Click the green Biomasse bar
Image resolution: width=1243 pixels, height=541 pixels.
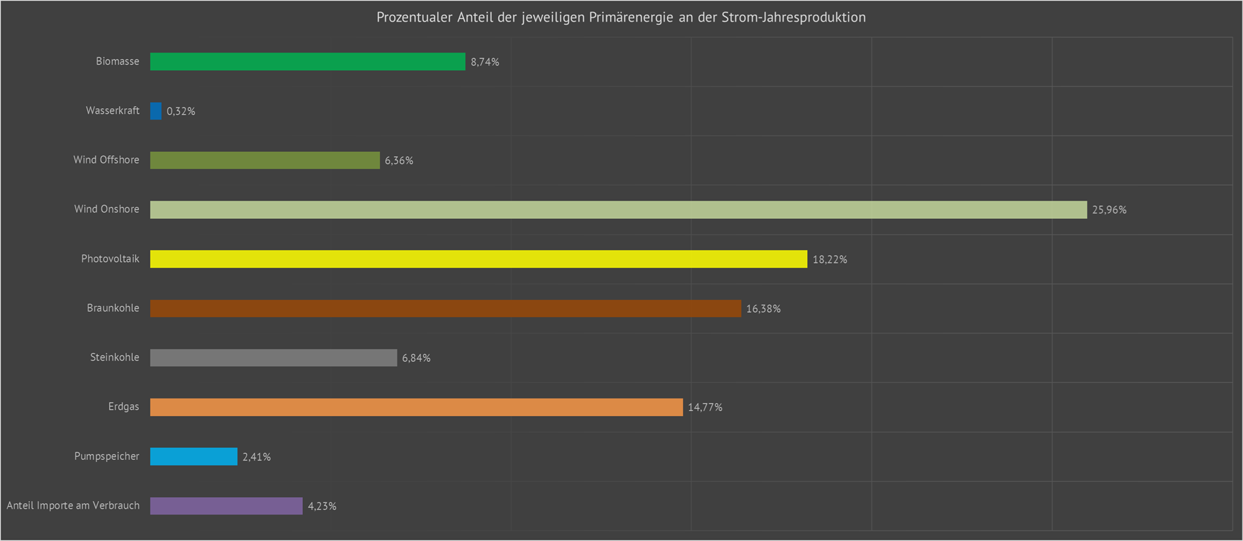(x=307, y=61)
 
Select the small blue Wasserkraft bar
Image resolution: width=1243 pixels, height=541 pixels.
(x=156, y=111)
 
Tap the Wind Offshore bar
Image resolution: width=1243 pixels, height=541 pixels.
(x=265, y=160)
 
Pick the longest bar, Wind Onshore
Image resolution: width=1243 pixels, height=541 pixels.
(x=618, y=209)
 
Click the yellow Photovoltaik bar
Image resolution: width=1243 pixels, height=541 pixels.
(x=478, y=259)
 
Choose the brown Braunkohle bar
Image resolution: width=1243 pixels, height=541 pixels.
(x=445, y=308)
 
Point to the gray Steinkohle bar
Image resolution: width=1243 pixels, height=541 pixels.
(x=273, y=357)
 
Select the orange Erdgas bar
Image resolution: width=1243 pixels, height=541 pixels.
(x=416, y=407)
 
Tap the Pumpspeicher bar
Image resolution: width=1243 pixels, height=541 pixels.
(x=194, y=457)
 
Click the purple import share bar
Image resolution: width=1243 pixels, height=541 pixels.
(x=226, y=506)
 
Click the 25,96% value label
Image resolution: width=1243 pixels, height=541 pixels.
(x=1109, y=210)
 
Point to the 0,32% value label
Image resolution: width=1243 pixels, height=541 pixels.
(x=181, y=111)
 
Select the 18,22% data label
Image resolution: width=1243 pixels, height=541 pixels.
(x=829, y=259)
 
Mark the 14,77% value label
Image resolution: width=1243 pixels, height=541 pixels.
(x=705, y=407)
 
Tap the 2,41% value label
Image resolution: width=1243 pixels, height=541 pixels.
(x=256, y=457)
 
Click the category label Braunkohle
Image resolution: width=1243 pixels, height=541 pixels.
(x=113, y=308)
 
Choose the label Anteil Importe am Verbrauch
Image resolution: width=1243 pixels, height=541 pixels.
(x=73, y=505)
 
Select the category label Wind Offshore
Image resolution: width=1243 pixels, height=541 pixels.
(x=106, y=160)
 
